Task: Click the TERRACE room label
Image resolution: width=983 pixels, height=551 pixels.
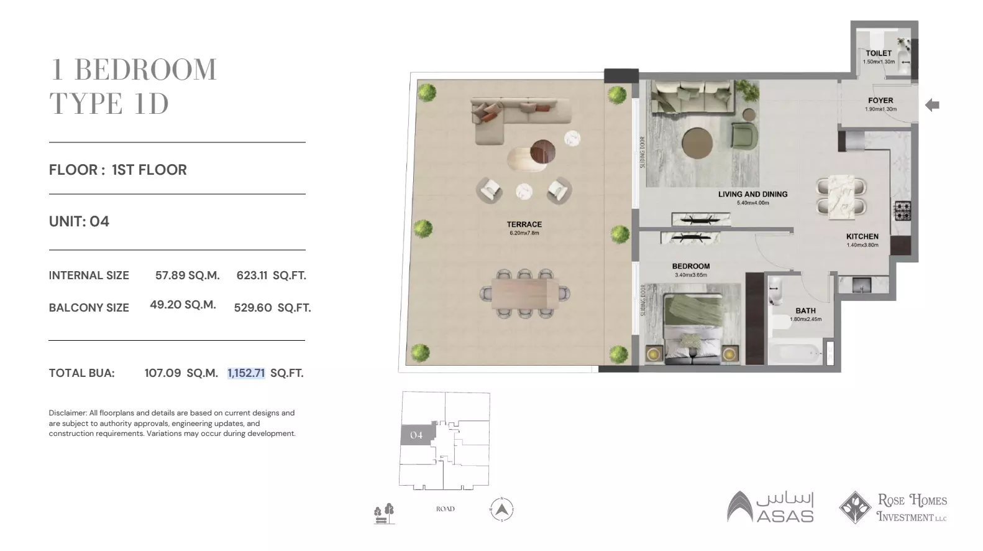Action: pyautogui.click(x=524, y=225)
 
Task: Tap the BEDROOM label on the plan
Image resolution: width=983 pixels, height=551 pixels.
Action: pyautogui.click(x=690, y=266)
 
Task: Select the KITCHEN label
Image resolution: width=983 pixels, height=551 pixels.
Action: pyautogui.click(x=862, y=236)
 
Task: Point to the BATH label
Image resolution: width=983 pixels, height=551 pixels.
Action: pyautogui.click(x=805, y=311)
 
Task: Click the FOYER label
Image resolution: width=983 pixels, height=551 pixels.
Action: pyautogui.click(x=880, y=100)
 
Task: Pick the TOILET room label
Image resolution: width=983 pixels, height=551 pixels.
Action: pyautogui.click(x=878, y=53)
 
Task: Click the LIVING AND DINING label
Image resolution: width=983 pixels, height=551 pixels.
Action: pyautogui.click(x=752, y=194)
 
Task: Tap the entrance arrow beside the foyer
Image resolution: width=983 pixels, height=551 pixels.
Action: pyautogui.click(x=931, y=105)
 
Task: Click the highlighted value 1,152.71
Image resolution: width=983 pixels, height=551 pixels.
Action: pyautogui.click(x=246, y=373)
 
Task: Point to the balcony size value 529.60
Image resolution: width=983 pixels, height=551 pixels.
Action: pyautogui.click(x=253, y=308)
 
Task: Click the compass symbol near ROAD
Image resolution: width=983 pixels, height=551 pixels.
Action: pyautogui.click(x=502, y=509)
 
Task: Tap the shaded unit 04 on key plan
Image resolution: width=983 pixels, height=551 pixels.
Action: pyautogui.click(x=416, y=435)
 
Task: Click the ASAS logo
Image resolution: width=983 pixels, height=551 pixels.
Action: pyautogui.click(x=770, y=507)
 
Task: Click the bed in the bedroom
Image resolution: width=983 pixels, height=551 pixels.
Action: pyautogui.click(x=693, y=330)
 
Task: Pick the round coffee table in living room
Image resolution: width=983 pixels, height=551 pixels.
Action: pyautogui.click(x=697, y=144)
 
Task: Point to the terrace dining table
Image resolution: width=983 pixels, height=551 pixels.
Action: pyautogui.click(x=525, y=293)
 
